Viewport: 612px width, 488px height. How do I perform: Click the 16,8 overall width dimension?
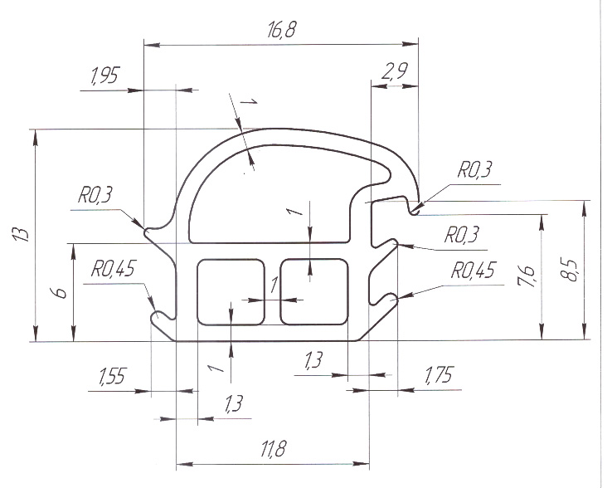pos(282,30)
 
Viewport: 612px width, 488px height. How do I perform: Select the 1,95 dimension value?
pos(104,76)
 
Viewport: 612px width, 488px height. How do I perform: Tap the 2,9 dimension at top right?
pos(394,71)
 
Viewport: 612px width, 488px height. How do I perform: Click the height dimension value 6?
pos(61,293)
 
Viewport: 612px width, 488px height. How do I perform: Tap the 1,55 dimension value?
pos(112,376)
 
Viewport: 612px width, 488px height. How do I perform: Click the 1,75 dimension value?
pos(439,374)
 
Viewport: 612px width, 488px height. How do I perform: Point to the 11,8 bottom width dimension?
pos(273,448)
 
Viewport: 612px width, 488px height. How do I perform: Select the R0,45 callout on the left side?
pos(113,269)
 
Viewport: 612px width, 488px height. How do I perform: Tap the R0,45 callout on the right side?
pos(474,271)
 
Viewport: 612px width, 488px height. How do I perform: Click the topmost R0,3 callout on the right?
pos(474,169)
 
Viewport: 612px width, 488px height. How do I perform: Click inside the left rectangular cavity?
pos(231,292)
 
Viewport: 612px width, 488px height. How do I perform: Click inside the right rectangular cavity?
pos(313,292)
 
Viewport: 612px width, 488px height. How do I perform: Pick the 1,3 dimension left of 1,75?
pos(313,360)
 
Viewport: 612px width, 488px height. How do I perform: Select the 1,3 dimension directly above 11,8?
pos(234,403)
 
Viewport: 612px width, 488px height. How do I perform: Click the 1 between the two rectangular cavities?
pos(274,285)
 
